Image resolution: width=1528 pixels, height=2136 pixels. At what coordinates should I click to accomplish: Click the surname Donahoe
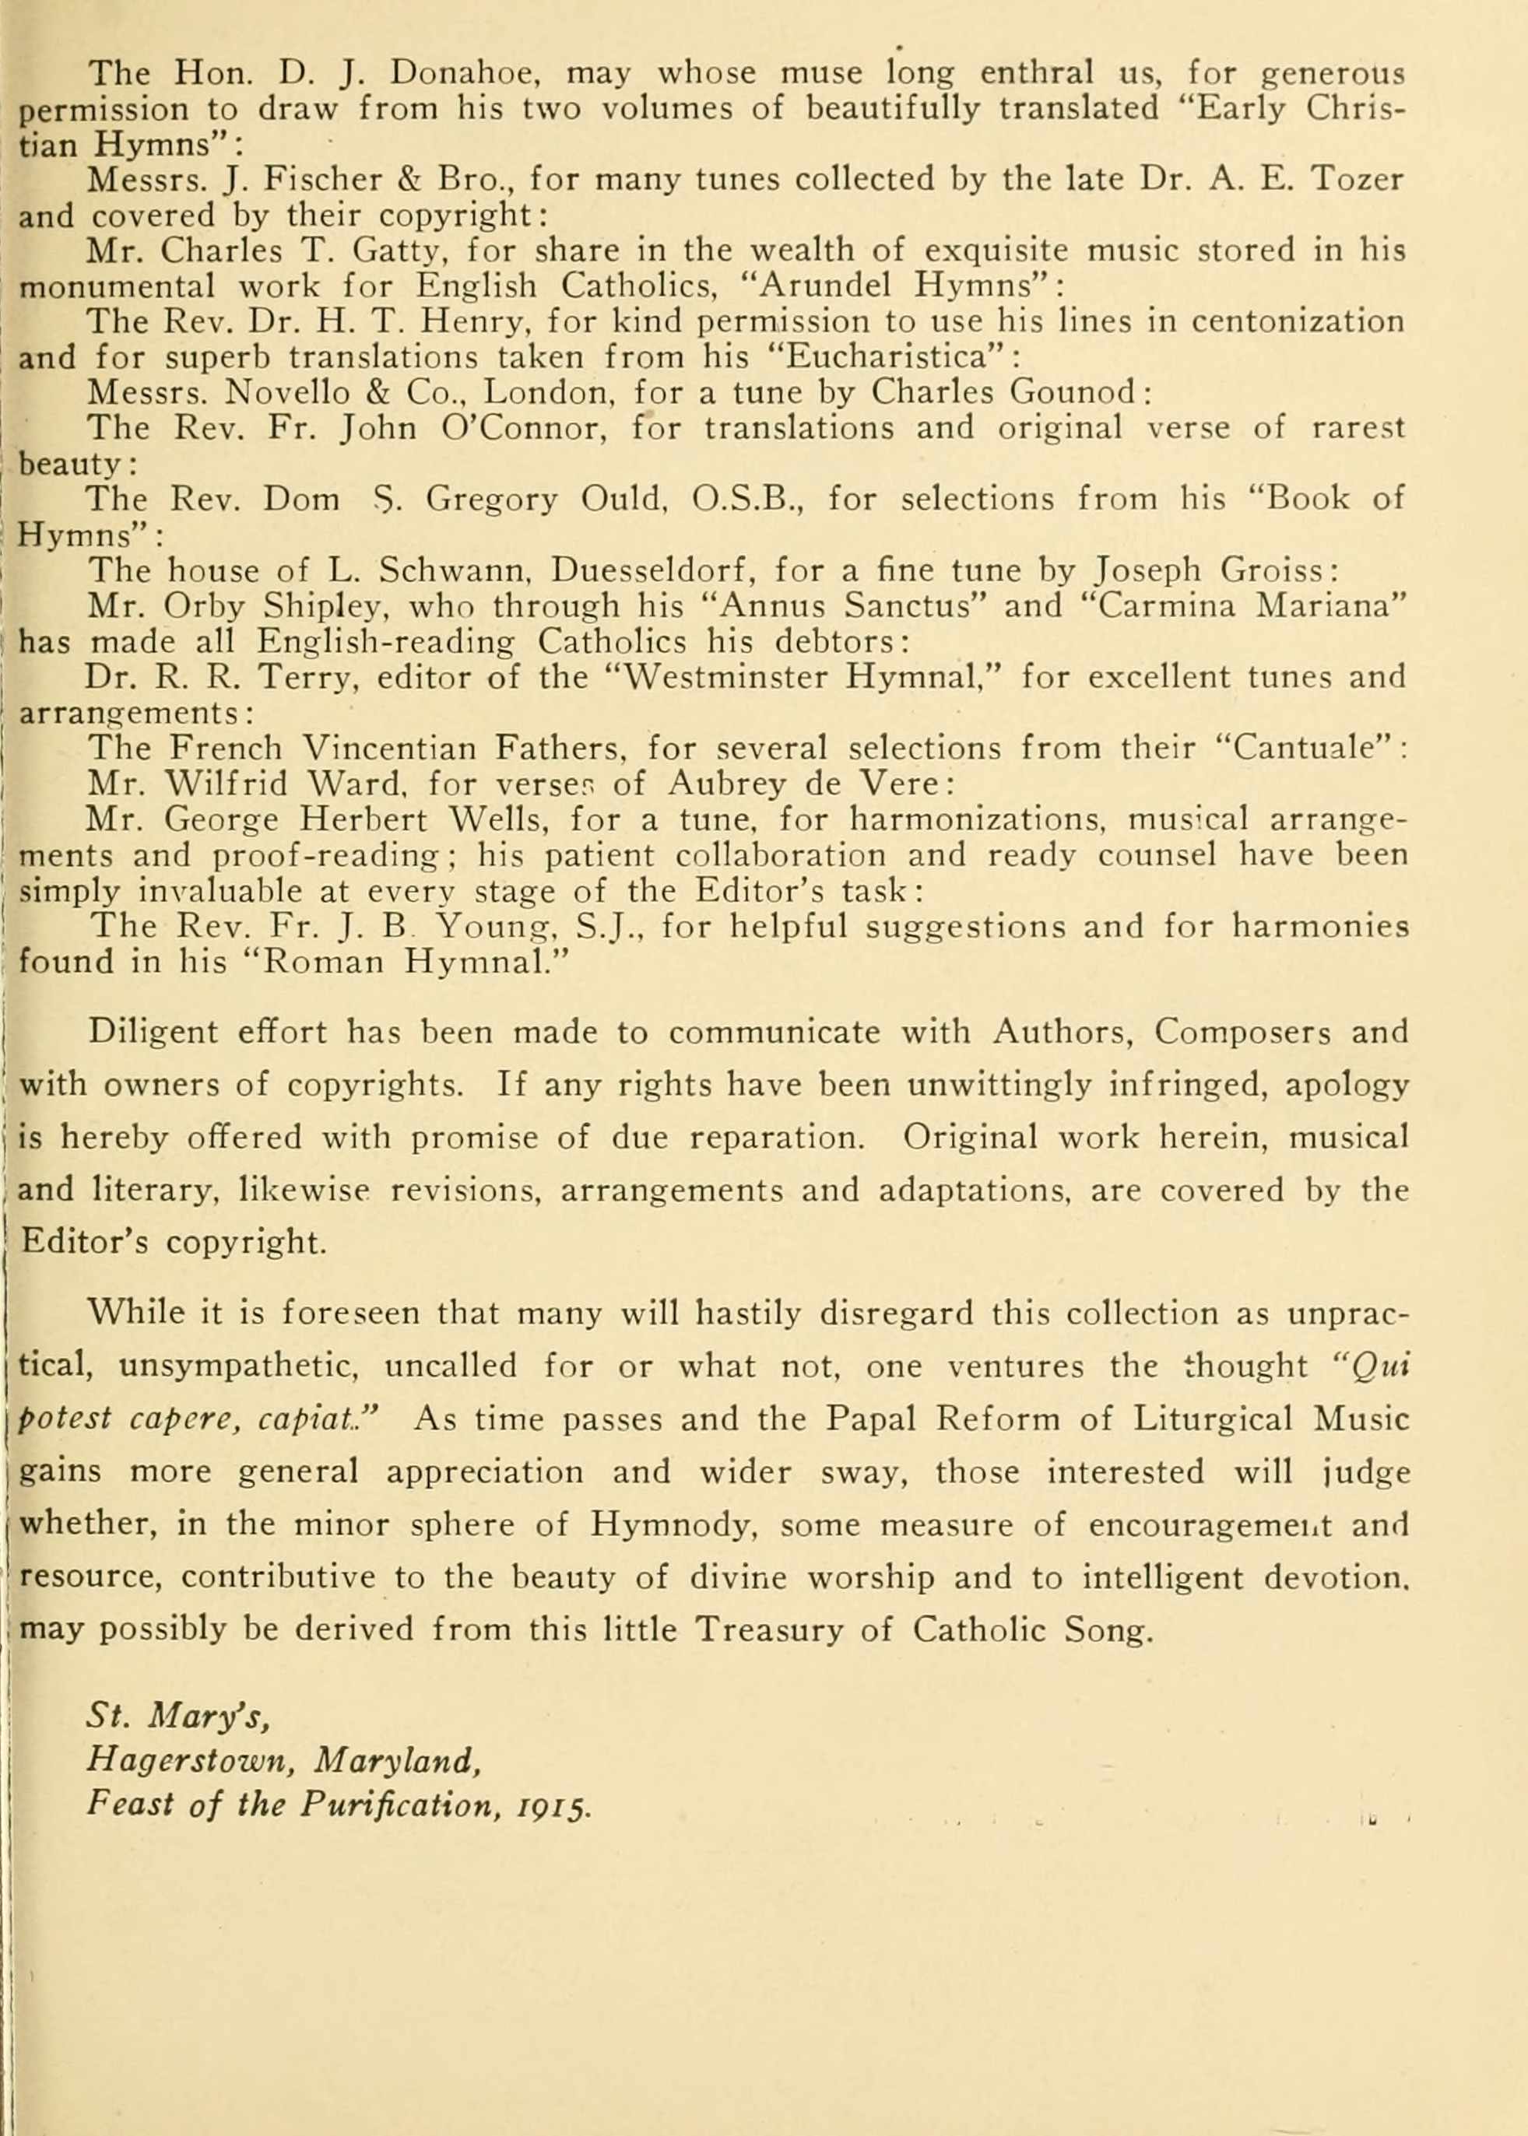click(x=461, y=72)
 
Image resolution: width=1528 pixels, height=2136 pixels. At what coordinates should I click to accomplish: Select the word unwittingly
click(x=999, y=1086)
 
